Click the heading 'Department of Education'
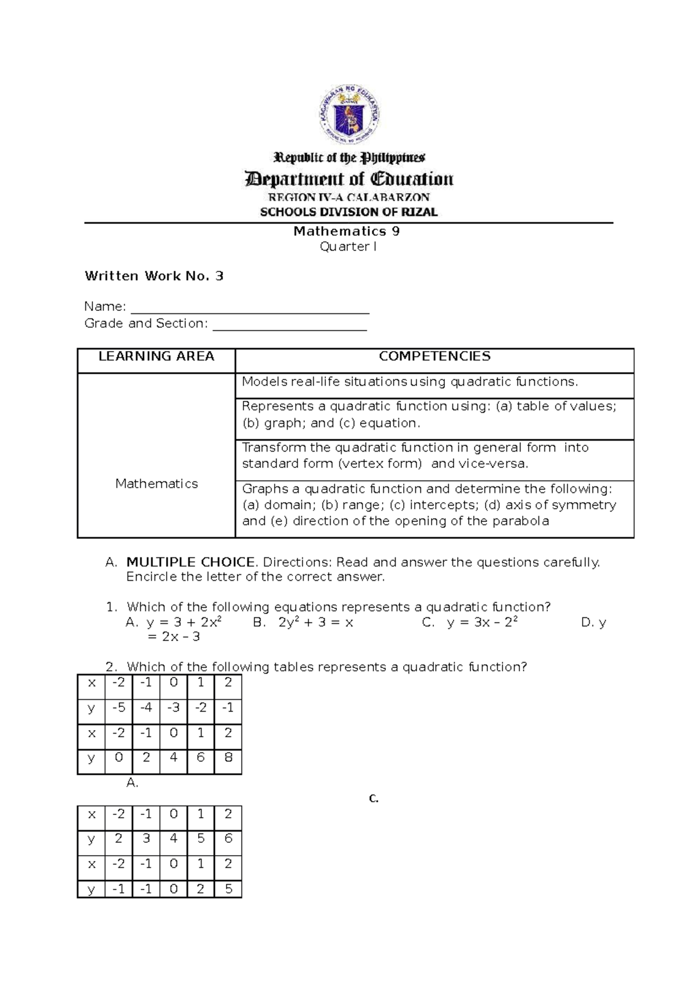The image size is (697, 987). point(350,179)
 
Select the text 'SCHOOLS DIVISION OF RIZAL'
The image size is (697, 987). point(348,212)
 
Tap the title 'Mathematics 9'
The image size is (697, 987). point(346,231)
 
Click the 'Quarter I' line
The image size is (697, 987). point(348,247)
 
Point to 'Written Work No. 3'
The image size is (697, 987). point(154,276)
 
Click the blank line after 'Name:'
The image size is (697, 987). point(250,308)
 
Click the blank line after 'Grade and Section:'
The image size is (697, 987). point(290,325)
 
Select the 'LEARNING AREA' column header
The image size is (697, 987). point(156,356)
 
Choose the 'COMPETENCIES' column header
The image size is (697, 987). point(434,356)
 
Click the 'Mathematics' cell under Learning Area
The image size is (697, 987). point(156,484)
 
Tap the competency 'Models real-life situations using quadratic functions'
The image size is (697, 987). point(410,382)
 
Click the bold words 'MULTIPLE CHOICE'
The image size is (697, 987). point(191,562)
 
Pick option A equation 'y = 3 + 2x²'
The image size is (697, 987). point(184,623)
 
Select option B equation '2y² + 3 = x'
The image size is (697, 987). point(315,623)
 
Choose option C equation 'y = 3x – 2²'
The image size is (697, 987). point(482,623)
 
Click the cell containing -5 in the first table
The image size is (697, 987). point(118,708)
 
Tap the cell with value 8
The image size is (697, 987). point(228,757)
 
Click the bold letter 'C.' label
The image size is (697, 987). point(373,799)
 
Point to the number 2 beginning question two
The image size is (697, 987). point(111,667)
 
